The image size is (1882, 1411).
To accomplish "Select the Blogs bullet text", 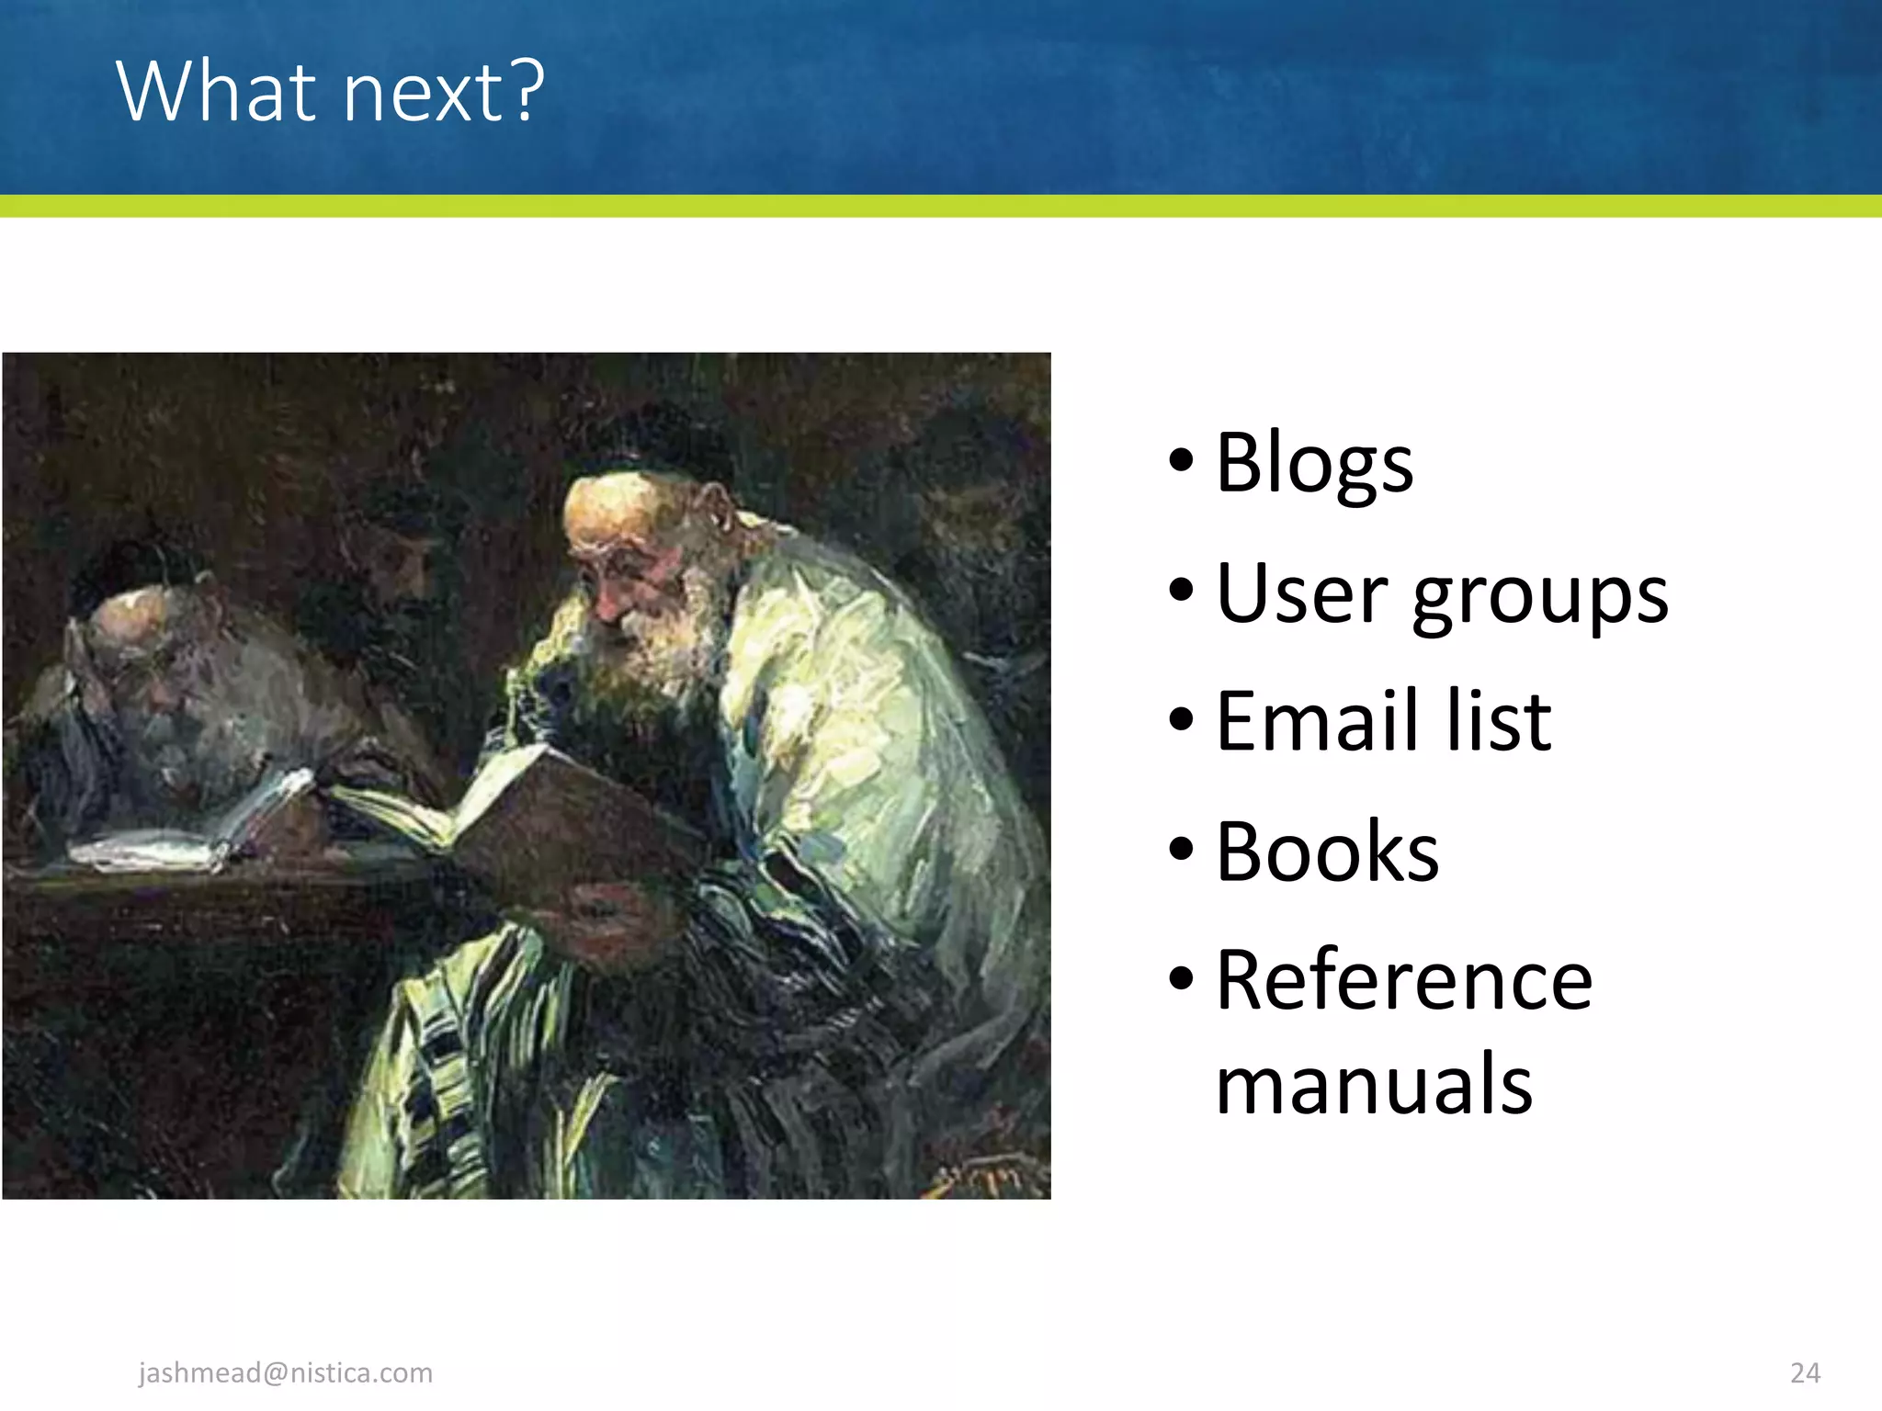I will (x=1314, y=463).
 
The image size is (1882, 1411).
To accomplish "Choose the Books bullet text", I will (x=1327, y=852).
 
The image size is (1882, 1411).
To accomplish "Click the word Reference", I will (x=1403, y=981).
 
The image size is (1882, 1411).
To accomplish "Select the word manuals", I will (x=1374, y=1084).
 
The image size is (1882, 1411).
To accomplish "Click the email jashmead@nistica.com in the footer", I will (x=286, y=1372).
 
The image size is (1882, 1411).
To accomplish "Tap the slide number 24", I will (x=1805, y=1372).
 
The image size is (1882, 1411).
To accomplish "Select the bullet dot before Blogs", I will (x=1181, y=459).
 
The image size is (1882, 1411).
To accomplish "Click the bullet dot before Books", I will (x=1181, y=850).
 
